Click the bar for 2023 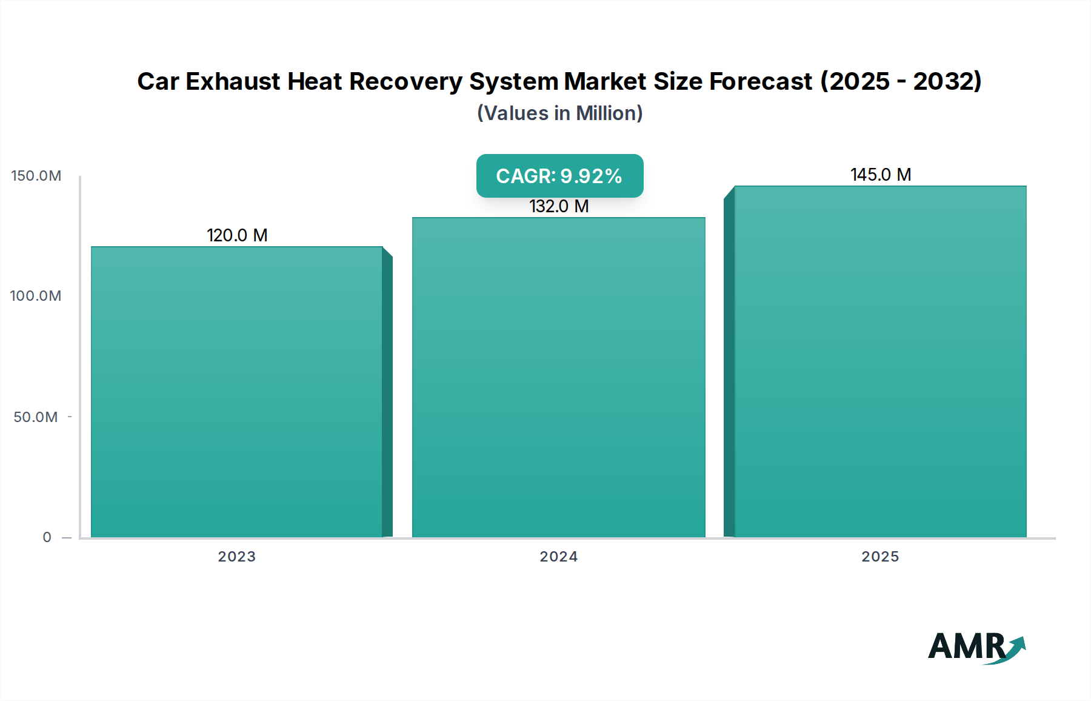[x=237, y=391]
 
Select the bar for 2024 [x=558, y=377]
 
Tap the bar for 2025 [x=880, y=361]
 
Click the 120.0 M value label [x=237, y=235]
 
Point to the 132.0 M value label [x=559, y=207]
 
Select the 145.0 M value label [x=880, y=175]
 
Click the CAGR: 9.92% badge [x=559, y=176]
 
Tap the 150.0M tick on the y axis [x=36, y=176]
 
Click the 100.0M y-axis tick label [x=36, y=296]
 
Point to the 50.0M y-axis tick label [x=36, y=417]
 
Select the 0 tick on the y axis [x=47, y=537]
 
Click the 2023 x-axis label [x=237, y=557]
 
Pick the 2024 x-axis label [x=558, y=557]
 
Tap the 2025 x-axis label [x=880, y=557]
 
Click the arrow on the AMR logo [x=1016, y=648]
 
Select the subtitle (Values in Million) [x=559, y=113]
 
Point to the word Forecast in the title [x=761, y=81]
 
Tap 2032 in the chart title [x=943, y=81]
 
